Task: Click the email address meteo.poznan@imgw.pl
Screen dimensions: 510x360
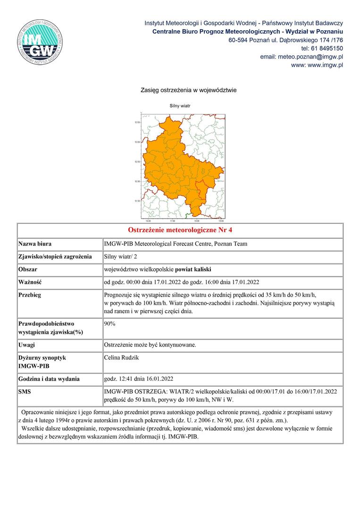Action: [x=301, y=57]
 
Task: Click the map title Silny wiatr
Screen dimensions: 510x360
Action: [x=180, y=106]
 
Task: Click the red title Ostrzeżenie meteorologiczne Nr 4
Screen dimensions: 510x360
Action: [x=180, y=230]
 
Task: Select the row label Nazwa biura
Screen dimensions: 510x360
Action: [x=35, y=244]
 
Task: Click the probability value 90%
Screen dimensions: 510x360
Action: [x=110, y=324]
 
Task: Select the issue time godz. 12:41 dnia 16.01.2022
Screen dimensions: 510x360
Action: [x=139, y=379]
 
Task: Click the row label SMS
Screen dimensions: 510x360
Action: [x=25, y=391]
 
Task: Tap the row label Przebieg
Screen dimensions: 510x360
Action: [x=30, y=295]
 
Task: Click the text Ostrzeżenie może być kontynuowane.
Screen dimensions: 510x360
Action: [x=150, y=345]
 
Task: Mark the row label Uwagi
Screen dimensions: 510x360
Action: [x=27, y=345]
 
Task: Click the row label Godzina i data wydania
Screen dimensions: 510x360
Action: [x=49, y=379]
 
